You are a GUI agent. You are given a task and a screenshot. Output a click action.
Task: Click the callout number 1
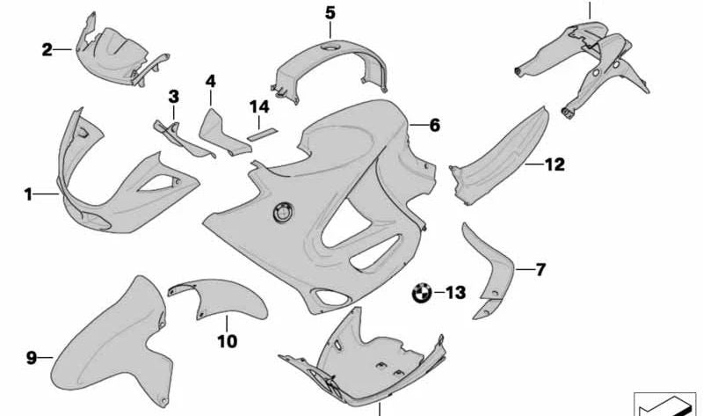click(28, 194)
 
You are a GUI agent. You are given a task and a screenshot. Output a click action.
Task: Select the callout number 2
click(47, 49)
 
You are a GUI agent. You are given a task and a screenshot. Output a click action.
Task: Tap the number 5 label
click(330, 13)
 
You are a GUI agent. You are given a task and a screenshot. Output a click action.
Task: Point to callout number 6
click(434, 125)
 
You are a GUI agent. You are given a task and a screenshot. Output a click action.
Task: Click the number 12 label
click(554, 164)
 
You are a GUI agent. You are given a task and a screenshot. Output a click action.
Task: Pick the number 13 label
click(456, 293)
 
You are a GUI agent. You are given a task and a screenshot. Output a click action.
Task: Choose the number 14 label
click(259, 106)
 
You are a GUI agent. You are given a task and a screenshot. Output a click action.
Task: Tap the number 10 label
click(228, 341)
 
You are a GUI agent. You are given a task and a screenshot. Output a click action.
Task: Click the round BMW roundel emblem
click(422, 294)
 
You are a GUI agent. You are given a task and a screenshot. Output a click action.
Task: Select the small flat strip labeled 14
click(263, 135)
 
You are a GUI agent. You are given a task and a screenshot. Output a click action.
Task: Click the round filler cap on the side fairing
click(283, 212)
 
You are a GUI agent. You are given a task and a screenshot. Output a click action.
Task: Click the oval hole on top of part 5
click(331, 47)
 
